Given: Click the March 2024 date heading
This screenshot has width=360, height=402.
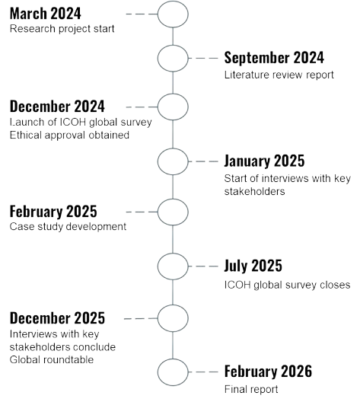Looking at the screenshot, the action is click(46, 14).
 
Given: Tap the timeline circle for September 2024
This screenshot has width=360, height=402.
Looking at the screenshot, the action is click(158, 59).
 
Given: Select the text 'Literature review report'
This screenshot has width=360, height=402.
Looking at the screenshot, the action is click(279, 75).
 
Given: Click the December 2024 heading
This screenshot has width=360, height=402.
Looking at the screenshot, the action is click(57, 107).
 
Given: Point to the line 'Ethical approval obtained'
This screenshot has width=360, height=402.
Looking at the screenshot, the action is click(69, 135).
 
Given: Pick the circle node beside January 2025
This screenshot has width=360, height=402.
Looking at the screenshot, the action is click(158, 161).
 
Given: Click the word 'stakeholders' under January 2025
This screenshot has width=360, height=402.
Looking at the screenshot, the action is click(254, 192).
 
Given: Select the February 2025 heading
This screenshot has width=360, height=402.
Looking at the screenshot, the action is click(53, 212).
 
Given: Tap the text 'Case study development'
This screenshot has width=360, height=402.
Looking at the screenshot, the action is click(68, 227).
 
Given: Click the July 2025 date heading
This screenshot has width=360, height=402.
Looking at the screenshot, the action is click(253, 266).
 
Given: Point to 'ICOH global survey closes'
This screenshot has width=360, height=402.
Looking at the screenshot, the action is click(287, 285).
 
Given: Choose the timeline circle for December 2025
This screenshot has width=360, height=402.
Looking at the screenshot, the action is click(158, 318).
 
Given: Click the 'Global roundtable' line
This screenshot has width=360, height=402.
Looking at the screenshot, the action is click(52, 359).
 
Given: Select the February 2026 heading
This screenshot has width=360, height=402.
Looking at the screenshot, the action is click(268, 372).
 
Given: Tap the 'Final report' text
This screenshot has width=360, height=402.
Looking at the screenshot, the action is click(251, 389).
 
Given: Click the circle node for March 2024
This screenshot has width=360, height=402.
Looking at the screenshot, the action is click(158, 14).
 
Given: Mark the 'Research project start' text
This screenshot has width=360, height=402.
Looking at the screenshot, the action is click(62, 29).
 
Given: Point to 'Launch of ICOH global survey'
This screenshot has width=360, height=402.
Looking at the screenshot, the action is click(81, 122).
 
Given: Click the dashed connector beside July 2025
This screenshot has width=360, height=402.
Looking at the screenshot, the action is click(203, 266).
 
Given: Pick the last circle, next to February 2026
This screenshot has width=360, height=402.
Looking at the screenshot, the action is click(158, 372).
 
